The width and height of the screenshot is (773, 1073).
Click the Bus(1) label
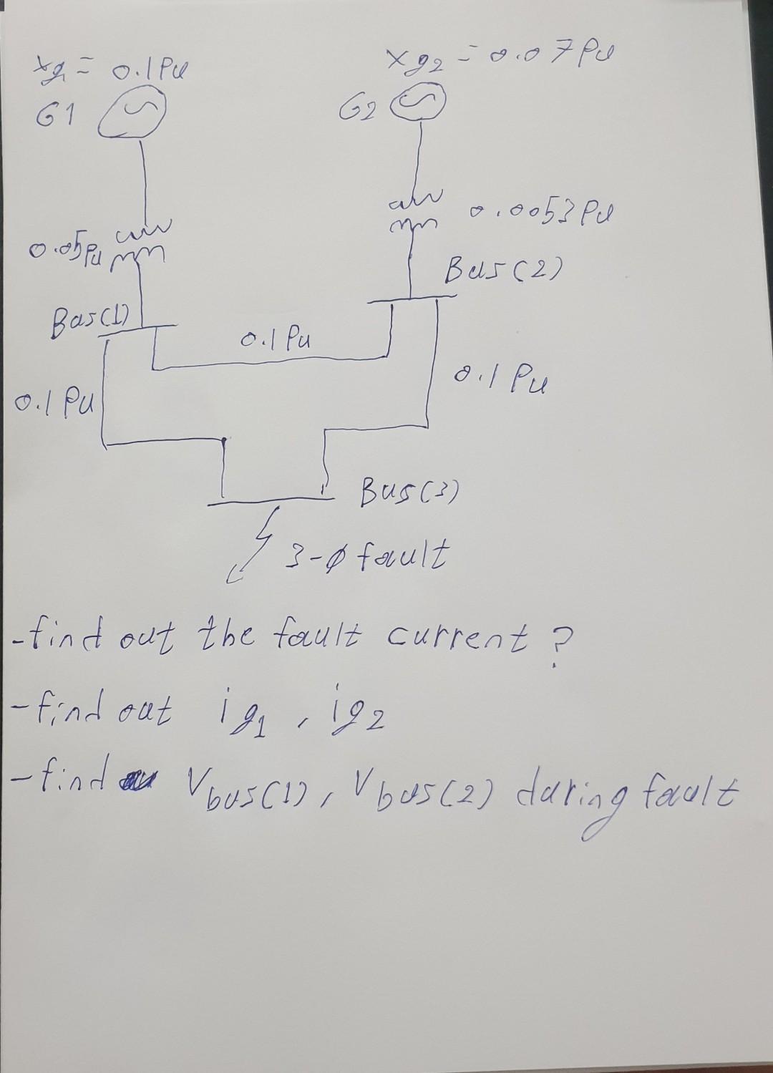[x=89, y=314]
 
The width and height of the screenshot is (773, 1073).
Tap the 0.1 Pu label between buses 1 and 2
[x=273, y=339]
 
